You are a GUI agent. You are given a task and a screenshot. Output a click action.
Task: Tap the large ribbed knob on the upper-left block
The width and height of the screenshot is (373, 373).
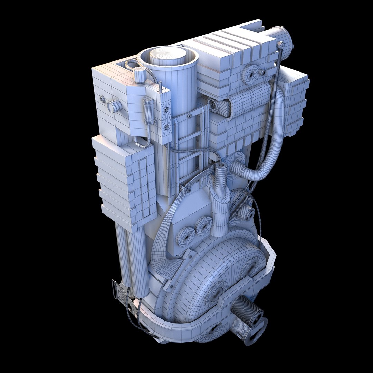(114, 106)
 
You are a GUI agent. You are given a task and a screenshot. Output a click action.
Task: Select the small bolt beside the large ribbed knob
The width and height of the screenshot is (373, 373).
(102, 99)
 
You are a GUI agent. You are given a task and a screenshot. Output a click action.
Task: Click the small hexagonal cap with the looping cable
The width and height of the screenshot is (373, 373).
(140, 75)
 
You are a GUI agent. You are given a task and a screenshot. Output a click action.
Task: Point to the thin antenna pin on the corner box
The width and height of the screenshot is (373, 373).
(161, 87)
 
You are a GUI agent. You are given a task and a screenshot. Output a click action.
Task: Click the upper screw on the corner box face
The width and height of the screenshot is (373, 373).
(166, 110)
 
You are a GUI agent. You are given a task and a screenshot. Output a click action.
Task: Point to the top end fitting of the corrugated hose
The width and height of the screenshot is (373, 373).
(280, 45)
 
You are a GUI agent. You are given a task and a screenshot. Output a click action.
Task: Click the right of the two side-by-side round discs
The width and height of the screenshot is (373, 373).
(203, 226)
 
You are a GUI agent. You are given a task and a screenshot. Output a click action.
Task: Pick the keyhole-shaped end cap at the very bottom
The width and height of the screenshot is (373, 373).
(256, 328)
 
